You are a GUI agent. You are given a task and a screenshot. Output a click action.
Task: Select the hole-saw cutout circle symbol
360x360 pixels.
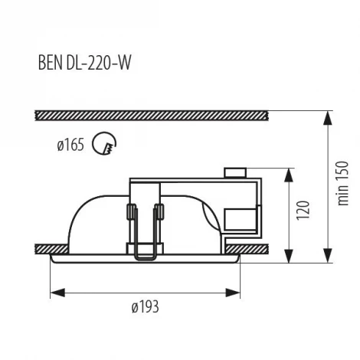coord(101,143)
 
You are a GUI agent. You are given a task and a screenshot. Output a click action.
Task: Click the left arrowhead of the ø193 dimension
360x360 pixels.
coord(54,292)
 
